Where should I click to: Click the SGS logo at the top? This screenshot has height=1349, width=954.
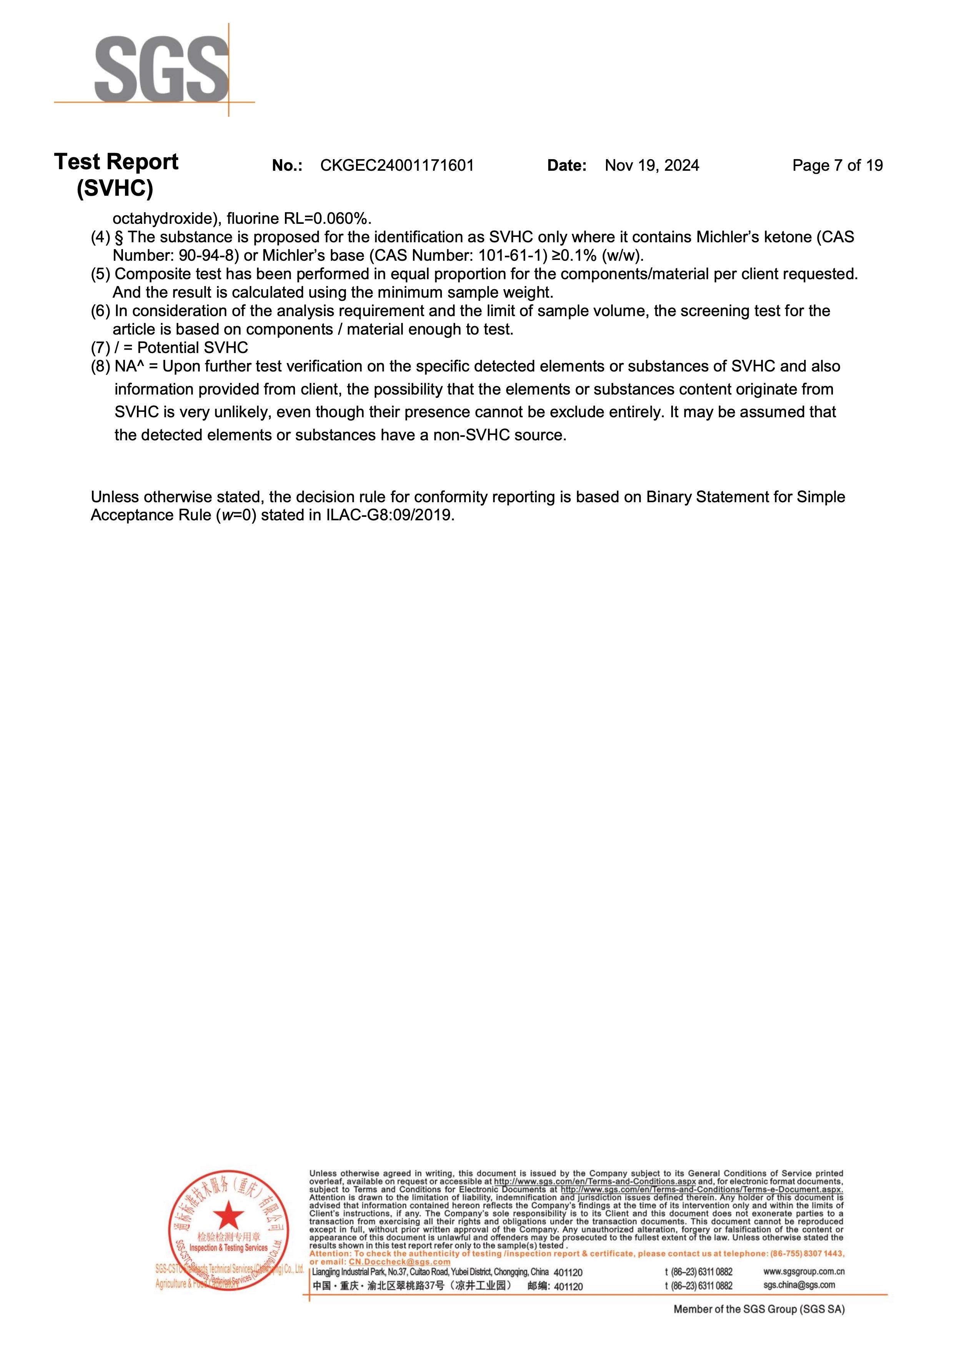(x=161, y=69)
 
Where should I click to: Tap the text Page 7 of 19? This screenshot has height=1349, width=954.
(x=837, y=166)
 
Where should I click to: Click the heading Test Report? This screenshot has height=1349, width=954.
(x=116, y=162)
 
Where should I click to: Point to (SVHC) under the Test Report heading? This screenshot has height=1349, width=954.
(x=115, y=188)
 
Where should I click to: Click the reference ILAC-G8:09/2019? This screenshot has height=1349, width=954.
(x=389, y=516)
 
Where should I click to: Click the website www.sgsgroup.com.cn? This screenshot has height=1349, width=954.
(x=804, y=1271)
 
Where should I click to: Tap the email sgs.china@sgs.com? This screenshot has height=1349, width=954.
(x=799, y=1285)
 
